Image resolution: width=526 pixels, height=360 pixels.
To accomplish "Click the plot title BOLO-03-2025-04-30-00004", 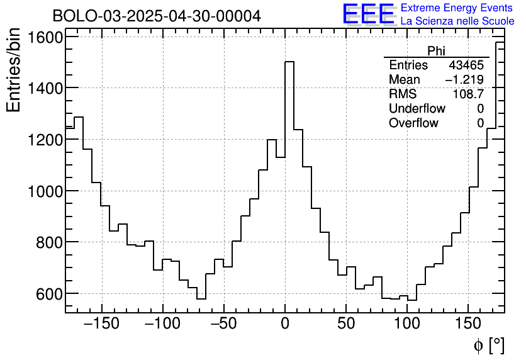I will pos(157,16).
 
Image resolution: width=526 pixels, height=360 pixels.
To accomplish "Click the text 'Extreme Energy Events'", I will pos(457,8).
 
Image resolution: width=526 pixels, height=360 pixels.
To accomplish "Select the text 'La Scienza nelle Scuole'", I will pos(457,21).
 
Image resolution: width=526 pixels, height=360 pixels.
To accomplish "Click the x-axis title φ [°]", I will pos(488,345).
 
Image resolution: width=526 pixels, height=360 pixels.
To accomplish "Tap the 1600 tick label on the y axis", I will pos(45,37).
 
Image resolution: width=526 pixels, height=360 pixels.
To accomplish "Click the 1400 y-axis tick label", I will pos(45,88).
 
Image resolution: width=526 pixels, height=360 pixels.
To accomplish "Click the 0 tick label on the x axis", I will pos(284,324).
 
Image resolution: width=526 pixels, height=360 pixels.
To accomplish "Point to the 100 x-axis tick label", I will pos(407,324).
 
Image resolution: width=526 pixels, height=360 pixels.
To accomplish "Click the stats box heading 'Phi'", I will pos(436,52).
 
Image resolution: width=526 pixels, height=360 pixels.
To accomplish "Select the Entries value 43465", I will pos(466,65).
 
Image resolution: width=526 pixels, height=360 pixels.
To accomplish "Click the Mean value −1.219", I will pos(464,80).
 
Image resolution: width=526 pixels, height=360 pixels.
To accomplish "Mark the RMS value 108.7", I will pos(468,94).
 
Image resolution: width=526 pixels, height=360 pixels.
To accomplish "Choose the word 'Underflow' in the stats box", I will pos(417,108).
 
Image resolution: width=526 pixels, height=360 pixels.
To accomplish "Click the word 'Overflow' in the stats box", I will pos(413,123).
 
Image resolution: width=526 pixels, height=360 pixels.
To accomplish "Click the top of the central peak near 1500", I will pos(289,62).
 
